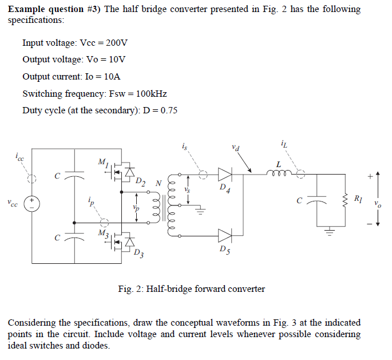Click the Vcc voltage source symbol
pyautogui.click(x=33, y=203)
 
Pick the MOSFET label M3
pyautogui.click(x=103, y=233)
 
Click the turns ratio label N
pyautogui.click(x=160, y=183)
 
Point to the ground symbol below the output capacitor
pyautogui.click(x=330, y=232)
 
